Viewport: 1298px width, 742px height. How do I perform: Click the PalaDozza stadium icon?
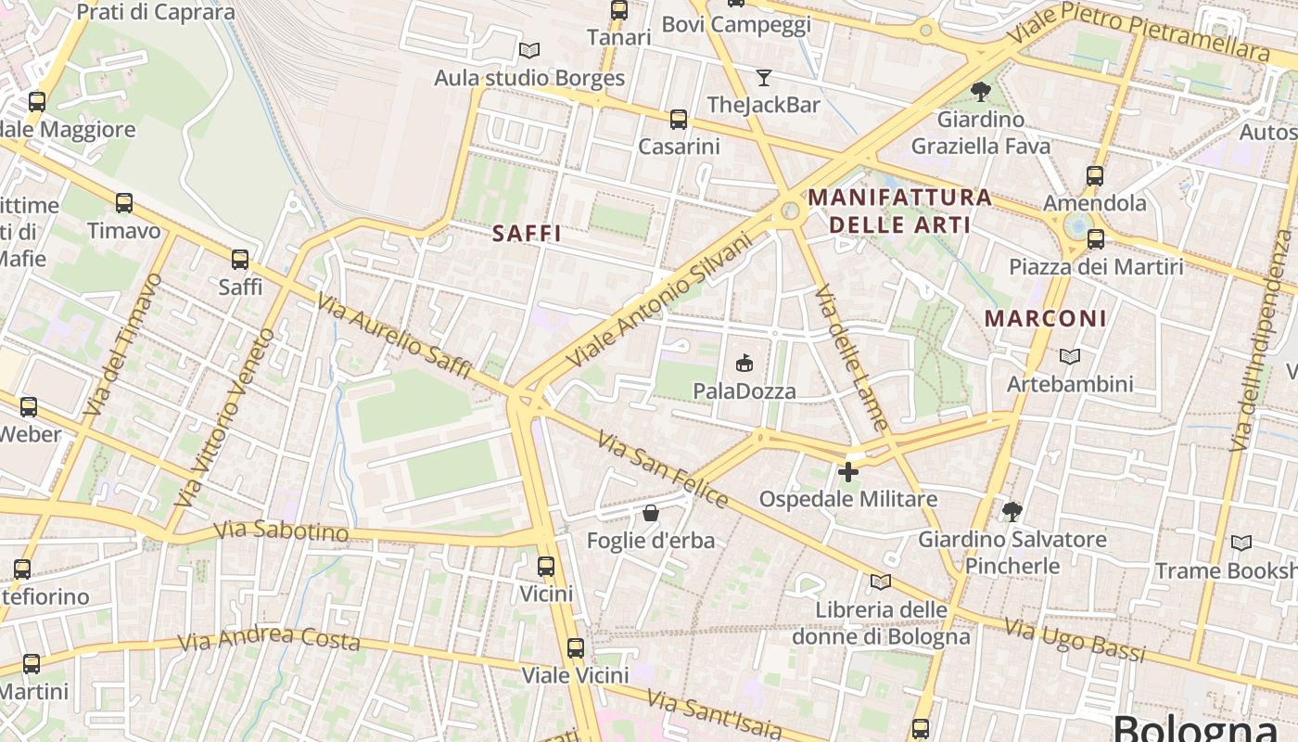pos(744,362)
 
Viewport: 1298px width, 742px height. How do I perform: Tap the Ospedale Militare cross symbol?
pos(847,472)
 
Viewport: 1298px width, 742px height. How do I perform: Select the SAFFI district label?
pos(527,234)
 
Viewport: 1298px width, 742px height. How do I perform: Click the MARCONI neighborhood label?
pos(1045,318)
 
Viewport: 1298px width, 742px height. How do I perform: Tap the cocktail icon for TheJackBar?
pos(764,77)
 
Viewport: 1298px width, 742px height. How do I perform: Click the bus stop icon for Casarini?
pos(679,119)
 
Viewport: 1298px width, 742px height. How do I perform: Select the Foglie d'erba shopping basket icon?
pos(651,513)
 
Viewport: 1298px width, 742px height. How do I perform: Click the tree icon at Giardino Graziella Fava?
pos(980,91)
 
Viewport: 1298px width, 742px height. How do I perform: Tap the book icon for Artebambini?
pos(1070,356)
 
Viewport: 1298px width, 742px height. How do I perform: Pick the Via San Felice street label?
pos(661,469)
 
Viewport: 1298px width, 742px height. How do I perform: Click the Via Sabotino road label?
pos(281,531)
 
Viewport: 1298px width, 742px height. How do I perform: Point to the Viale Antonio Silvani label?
pos(659,298)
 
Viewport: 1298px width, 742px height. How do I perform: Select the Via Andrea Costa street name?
pos(269,638)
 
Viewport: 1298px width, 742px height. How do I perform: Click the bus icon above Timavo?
pos(123,203)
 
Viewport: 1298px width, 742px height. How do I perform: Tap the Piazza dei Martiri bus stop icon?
pos(1095,239)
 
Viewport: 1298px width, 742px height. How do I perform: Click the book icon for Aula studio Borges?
pos(529,50)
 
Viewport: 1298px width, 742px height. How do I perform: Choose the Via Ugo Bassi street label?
pos(1075,641)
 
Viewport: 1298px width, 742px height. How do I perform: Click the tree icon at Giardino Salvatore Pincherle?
pos(1012,511)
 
